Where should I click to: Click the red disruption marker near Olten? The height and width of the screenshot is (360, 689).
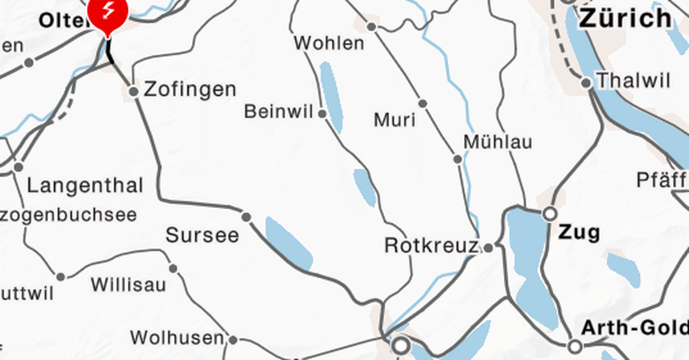pos(107,14)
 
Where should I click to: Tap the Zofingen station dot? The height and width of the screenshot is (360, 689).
pos(134,91)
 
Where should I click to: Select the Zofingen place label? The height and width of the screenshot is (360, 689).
pos(190,90)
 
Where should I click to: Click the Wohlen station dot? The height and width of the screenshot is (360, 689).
pos(372,26)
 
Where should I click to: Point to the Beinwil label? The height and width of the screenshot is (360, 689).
pos(280,111)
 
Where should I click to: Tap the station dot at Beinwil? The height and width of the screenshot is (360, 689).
pos(322,114)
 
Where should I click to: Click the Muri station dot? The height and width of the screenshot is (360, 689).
pos(423,103)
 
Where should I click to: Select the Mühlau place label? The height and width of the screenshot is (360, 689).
pos(498,142)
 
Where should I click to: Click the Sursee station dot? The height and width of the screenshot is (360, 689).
pos(246,216)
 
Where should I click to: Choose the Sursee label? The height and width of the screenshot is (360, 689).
pos(202,235)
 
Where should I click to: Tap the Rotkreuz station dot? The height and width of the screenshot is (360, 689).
pos(488,248)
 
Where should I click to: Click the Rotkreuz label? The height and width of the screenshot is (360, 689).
pos(431,246)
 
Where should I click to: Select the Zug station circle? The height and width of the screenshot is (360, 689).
pos(549,214)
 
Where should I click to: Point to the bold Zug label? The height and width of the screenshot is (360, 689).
pos(579,233)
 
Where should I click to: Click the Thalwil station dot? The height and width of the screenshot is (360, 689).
pos(586,83)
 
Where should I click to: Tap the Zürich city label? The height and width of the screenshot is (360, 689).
pos(625,18)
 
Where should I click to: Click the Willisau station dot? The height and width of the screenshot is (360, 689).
pos(173,268)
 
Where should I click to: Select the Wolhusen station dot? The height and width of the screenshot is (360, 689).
pos(233,340)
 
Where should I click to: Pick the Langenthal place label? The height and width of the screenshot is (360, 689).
pos(85,185)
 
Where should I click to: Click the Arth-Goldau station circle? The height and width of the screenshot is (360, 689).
pos(575,346)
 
